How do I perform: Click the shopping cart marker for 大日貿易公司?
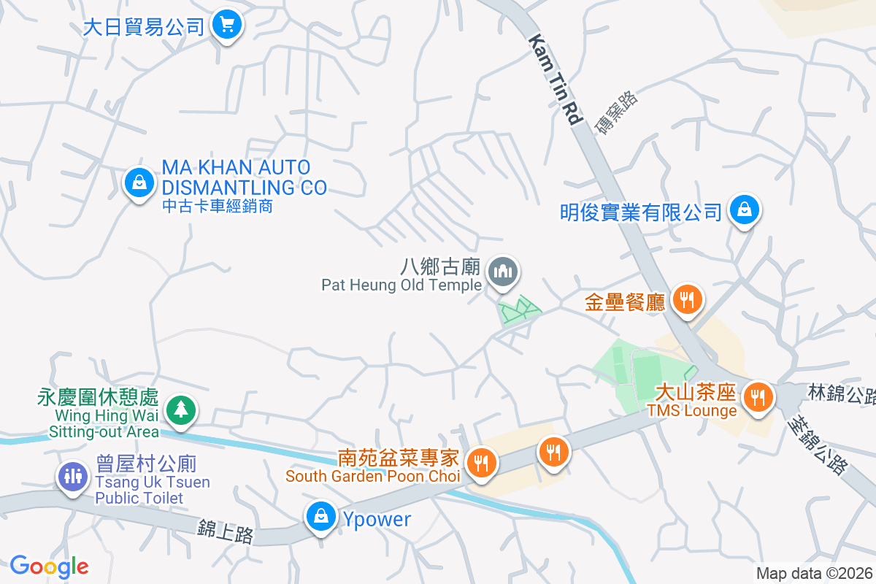tap(227, 26)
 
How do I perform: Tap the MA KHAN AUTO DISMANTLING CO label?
tap(244, 177)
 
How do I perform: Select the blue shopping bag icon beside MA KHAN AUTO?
tap(139, 182)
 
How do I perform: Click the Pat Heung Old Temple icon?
tap(502, 272)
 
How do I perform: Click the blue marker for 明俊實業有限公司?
tap(744, 210)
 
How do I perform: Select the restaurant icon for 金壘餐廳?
tap(687, 299)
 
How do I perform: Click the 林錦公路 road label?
tap(841, 394)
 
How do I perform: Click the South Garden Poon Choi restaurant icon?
tap(482, 463)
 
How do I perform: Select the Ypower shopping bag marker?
tap(320, 517)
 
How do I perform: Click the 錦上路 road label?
tap(226, 531)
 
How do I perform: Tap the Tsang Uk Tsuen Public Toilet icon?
tap(72, 476)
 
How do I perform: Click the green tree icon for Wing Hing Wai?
tap(179, 410)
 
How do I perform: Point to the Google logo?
tap(49, 566)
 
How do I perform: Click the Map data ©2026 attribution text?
tap(814, 574)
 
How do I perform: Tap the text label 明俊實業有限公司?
tap(641, 212)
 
